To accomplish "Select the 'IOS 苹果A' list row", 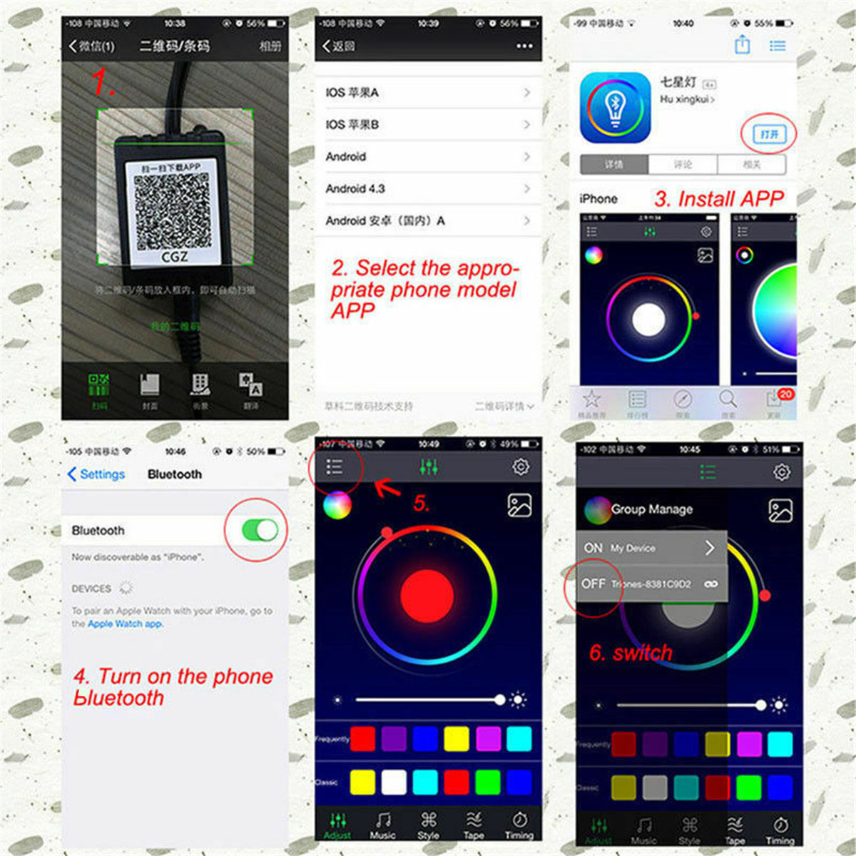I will pos(427,93).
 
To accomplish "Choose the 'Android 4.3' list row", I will pos(427,188).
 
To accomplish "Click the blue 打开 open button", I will pos(768,134).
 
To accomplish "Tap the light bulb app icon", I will pos(615,108).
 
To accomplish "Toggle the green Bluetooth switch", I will pos(259,530).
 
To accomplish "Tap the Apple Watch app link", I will pos(125,623).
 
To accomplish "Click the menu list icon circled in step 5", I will pos(334,467).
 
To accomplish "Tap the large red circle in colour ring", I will pos(427,594).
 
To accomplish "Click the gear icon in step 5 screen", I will pos(521,467).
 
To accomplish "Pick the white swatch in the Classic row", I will pos(394,782).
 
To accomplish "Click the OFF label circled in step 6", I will pos(593,584).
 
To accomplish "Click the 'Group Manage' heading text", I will pos(651,509).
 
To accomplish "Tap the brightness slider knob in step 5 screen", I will pos(500,700).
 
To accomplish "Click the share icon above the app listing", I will pos(742,46).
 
